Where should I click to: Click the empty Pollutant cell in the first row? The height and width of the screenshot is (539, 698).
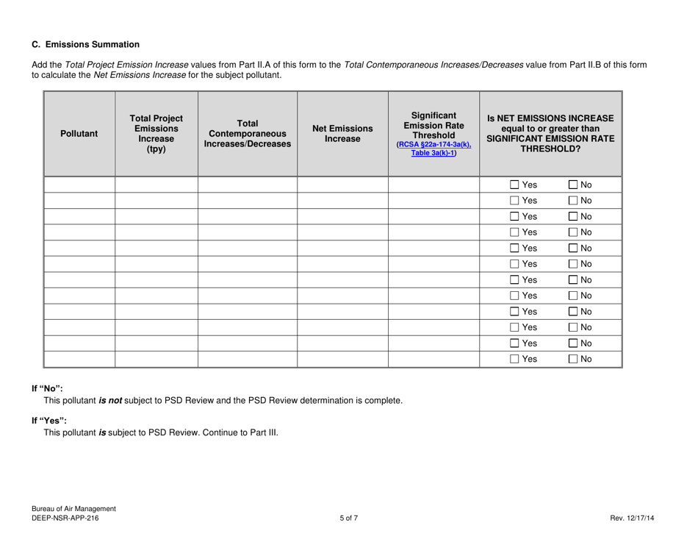[79, 184]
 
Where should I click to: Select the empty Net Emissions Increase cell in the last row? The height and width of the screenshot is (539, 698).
[342, 359]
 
